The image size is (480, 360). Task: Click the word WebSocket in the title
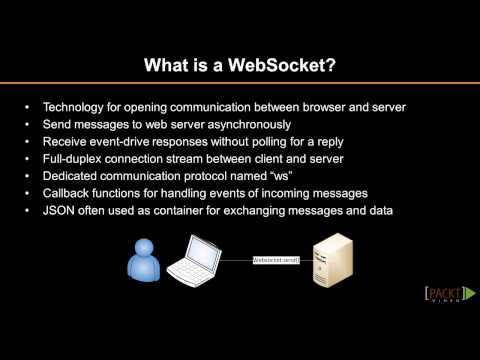[285, 67]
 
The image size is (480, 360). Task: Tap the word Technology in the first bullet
[72, 107]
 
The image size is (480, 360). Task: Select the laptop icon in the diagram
[193, 258]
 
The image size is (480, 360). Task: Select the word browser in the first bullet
[319, 107]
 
